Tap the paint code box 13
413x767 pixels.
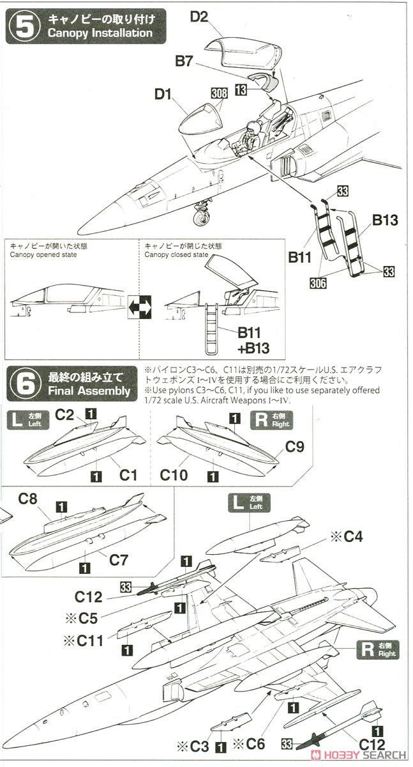240,90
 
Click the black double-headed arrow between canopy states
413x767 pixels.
140,306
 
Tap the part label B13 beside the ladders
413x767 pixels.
385,221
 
